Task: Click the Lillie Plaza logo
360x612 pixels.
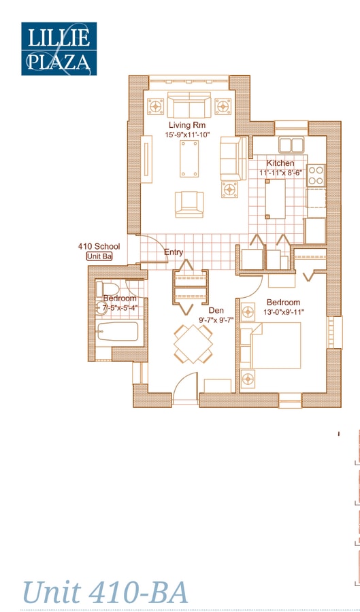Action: click(59, 48)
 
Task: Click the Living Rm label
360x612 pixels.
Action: click(187, 125)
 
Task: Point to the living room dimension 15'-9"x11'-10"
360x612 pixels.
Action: click(187, 135)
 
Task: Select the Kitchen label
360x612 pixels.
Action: click(280, 163)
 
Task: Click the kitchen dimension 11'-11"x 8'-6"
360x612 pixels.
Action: click(280, 173)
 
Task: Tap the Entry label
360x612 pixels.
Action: click(174, 252)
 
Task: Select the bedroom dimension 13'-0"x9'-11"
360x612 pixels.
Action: click(283, 311)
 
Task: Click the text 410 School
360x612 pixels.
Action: click(99, 246)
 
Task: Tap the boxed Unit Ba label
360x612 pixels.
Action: click(99, 256)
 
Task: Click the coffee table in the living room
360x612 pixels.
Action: click(189, 160)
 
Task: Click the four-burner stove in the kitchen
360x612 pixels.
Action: click(316, 175)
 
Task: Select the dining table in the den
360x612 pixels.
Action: click(193, 344)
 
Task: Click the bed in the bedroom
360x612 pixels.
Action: click(276, 345)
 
